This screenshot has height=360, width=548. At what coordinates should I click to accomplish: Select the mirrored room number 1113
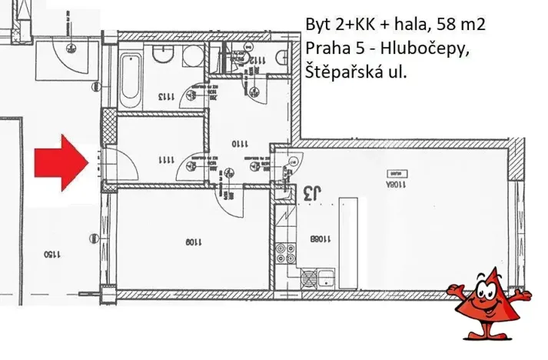tap(167, 98)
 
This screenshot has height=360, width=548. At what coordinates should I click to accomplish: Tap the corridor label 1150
tap(51, 253)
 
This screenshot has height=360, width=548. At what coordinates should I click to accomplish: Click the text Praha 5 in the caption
tap(329, 48)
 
